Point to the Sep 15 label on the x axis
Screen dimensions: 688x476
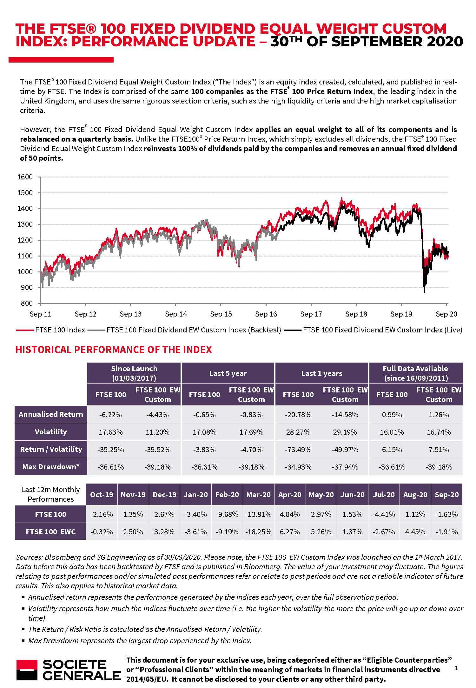(x=221, y=314)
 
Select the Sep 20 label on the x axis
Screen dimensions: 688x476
(x=446, y=314)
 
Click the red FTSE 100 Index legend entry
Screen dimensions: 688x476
(x=50, y=330)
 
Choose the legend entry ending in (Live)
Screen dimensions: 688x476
(x=373, y=330)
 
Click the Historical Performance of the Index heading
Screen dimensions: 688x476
(x=114, y=350)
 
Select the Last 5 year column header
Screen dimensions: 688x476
(x=228, y=373)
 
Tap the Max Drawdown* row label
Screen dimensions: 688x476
(x=51, y=467)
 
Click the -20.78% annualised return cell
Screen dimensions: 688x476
(x=298, y=415)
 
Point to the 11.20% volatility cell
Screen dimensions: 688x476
(x=157, y=432)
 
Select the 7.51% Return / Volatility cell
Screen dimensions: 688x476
(x=439, y=450)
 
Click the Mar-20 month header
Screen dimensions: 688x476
(x=259, y=495)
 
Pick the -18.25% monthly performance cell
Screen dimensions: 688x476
(x=259, y=532)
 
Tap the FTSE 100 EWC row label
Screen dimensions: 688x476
(x=51, y=532)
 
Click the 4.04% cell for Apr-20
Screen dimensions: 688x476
(x=290, y=514)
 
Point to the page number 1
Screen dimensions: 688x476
(x=456, y=668)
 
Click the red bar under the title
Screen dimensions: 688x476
(x=61, y=60)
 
